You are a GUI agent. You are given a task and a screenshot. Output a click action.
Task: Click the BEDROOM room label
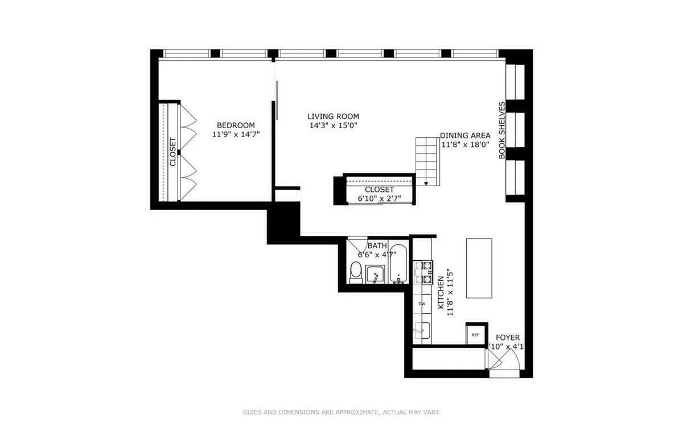tap(236, 125)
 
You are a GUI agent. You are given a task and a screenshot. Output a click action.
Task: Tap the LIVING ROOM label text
tap(333, 116)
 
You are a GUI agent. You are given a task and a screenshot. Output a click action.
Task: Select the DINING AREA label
tap(465, 136)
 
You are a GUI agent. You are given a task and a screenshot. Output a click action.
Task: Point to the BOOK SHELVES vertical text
tap(502, 130)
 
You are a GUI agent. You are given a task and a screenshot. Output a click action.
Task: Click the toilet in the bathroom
tap(356, 273)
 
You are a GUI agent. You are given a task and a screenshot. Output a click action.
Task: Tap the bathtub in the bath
tap(398, 264)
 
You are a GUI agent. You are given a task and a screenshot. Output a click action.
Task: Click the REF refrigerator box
tap(475, 334)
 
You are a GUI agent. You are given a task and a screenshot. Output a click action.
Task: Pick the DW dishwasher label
tap(422, 304)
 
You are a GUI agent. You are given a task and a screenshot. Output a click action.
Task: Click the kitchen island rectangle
tap(479, 268)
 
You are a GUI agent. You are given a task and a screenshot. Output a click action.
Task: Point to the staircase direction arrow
tap(425, 182)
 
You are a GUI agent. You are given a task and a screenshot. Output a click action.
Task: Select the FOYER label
tap(507, 338)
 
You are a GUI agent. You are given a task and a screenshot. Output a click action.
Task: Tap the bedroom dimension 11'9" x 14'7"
tap(236, 135)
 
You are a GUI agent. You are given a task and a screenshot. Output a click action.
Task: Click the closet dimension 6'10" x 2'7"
tap(379, 199)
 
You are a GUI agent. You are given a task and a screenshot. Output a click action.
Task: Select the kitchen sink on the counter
tap(422, 330)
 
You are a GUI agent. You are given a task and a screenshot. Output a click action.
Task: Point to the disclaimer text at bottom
tap(341, 412)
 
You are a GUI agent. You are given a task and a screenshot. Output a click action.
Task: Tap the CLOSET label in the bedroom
tap(173, 152)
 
